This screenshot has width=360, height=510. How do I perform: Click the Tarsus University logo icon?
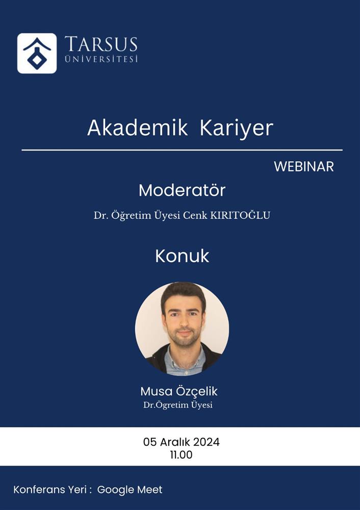(x=37, y=54)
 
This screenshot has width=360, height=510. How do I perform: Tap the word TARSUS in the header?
(x=101, y=44)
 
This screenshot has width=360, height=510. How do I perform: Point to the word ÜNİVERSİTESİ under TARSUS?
(x=101, y=59)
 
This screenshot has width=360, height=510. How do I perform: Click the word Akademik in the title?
(x=138, y=128)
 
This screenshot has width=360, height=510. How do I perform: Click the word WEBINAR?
(x=304, y=167)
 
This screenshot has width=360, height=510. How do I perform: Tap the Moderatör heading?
(x=182, y=190)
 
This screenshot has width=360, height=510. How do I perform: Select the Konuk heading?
(x=182, y=257)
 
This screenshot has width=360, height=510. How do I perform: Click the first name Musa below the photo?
(x=155, y=391)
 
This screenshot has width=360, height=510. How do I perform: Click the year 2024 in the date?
(x=206, y=442)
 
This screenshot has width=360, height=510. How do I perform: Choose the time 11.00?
(x=181, y=455)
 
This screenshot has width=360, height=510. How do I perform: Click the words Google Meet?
(x=130, y=490)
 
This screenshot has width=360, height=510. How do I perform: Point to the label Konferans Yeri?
(x=49, y=490)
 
